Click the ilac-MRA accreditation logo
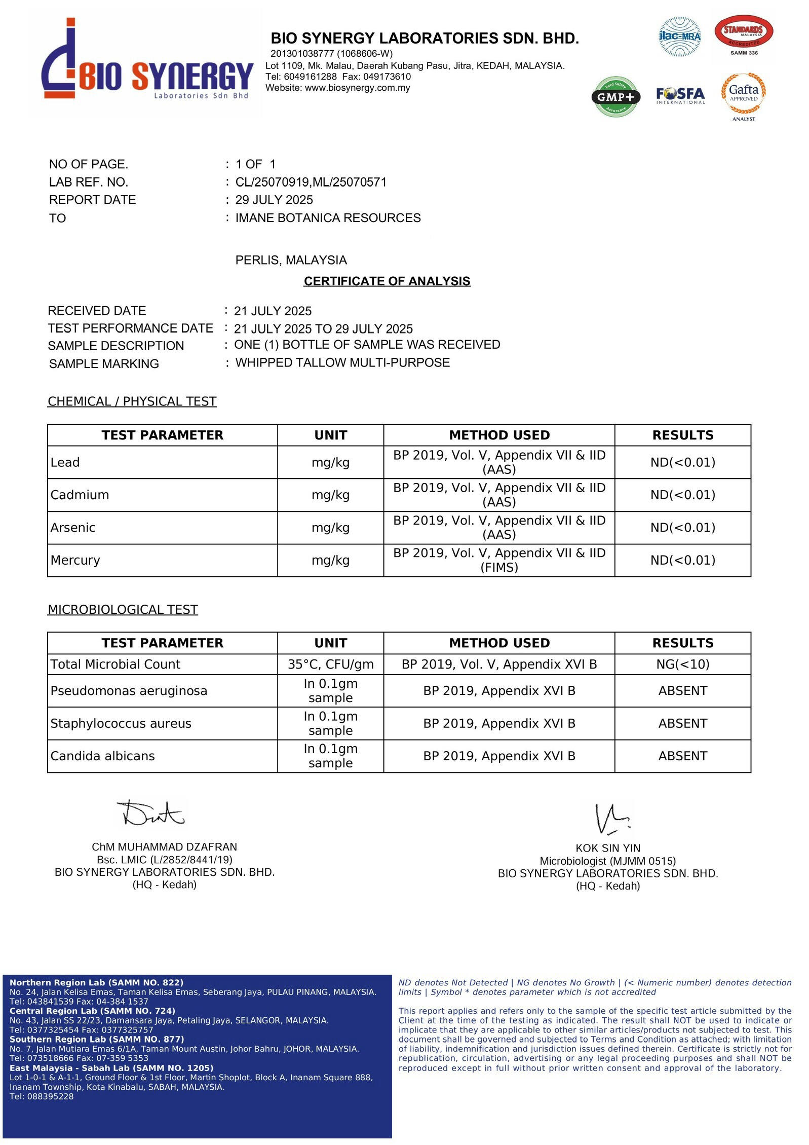coord(679,36)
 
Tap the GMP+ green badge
coord(615,96)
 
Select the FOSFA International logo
coord(680,95)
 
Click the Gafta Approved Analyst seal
coord(743,94)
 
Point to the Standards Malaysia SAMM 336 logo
coord(743,34)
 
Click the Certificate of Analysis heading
coord(387,281)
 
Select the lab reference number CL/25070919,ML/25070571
coord(311,182)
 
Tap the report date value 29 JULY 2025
coord(274,200)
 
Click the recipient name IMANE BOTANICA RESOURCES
coord(328,218)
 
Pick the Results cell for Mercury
coord(682,560)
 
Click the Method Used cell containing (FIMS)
coord(499,560)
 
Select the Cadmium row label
coord(80,495)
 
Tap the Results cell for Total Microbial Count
coord(682,664)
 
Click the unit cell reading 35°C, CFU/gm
coord(330,664)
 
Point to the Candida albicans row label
coord(102,756)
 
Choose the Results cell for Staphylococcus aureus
coord(682,723)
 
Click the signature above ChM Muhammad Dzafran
coord(151,813)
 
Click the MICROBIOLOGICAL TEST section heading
coord(123,609)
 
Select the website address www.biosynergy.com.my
coord(357,88)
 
